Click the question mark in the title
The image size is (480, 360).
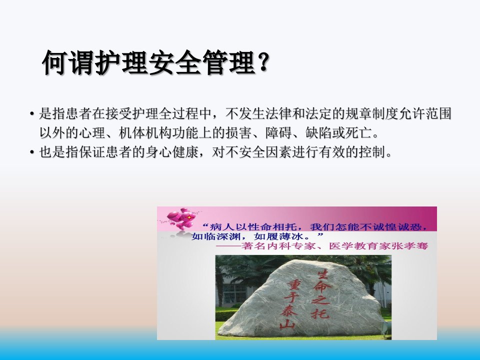(263, 62)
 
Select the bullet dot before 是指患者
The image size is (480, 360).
(32, 114)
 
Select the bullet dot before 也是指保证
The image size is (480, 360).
(32, 152)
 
